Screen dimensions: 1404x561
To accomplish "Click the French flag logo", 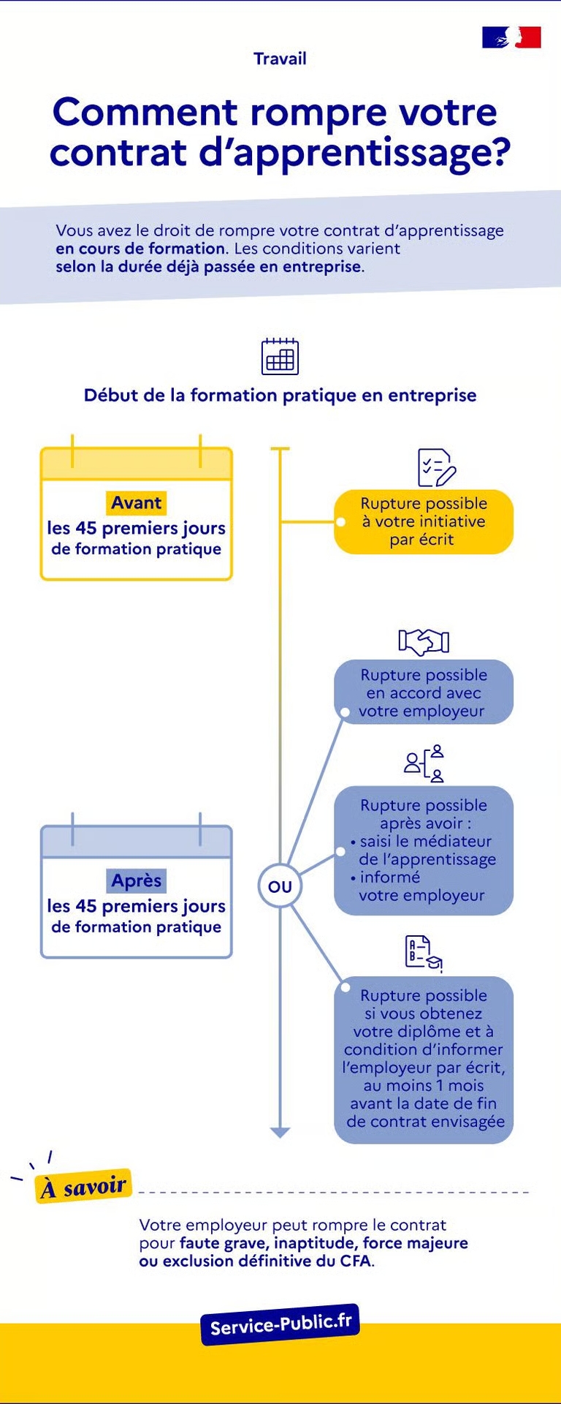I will pyautogui.click(x=511, y=37).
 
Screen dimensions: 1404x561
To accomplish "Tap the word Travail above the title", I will pyautogui.click(x=280, y=59).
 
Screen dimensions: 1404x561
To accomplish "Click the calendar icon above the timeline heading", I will pyautogui.click(x=280, y=356).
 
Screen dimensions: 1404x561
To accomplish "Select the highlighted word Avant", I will pyautogui.click(x=137, y=503).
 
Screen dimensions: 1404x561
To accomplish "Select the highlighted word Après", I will pyautogui.click(x=137, y=880).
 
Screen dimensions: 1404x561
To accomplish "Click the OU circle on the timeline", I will pyautogui.click(x=280, y=886).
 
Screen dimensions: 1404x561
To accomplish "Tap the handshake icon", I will pyautogui.click(x=424, y=641).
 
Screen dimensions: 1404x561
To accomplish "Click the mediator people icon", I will pyautogui.click(x=424, y=763).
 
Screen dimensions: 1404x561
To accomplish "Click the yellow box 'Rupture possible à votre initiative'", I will pyautogui.click(x=424, y=521).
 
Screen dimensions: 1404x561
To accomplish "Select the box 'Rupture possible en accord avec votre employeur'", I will pyautogui.click(x=424, y=692).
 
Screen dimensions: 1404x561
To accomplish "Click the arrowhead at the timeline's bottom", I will pyautogui.click(x=280, y=1132).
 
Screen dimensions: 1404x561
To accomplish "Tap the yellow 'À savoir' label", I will pyautogui.click(x=84, y=1186).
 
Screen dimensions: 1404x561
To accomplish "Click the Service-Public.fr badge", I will pyautogui.click(x=280, y=1324).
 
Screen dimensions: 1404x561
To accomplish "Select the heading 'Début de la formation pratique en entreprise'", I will pyautogui.click(x=280, y=396).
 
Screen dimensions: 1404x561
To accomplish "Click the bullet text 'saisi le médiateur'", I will pyautogui.click(x=426, y=842).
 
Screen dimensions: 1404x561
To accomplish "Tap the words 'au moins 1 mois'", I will pyautogui.click(x=424, y=1085).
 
